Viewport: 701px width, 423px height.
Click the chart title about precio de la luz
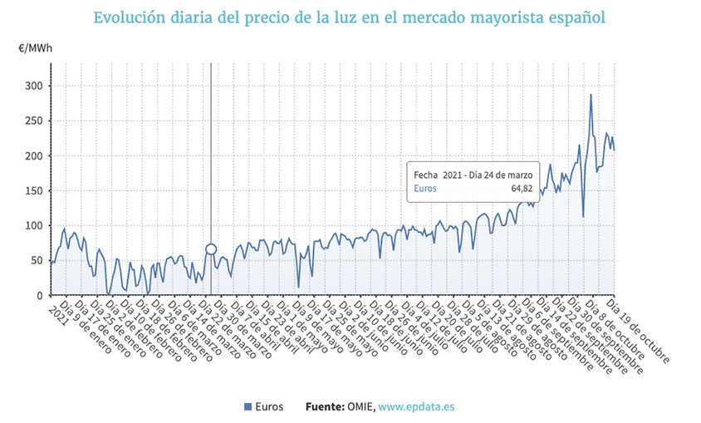click(349, 17)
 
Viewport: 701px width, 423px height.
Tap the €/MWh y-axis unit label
click(35, 48)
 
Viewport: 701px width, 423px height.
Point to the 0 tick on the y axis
click(38, 296)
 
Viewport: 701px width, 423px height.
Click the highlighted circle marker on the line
click(211, 249)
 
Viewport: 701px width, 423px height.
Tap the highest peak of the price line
click(591, 95)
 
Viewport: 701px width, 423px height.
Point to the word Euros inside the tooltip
click(426, 189)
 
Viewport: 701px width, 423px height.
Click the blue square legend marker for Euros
click(248, 406)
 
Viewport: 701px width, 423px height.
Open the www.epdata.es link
click(417, 406)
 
